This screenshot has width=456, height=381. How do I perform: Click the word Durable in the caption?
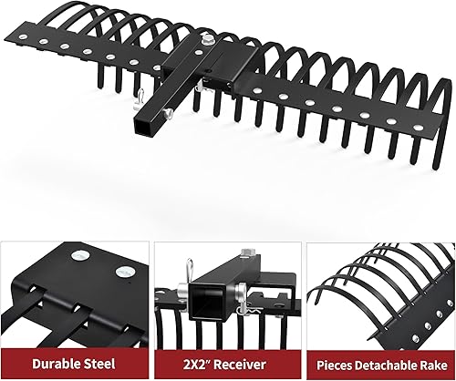tap(56, 361)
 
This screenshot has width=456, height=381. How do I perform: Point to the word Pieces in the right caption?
tap(331, 361)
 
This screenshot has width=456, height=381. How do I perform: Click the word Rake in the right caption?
tap(434, 361)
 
